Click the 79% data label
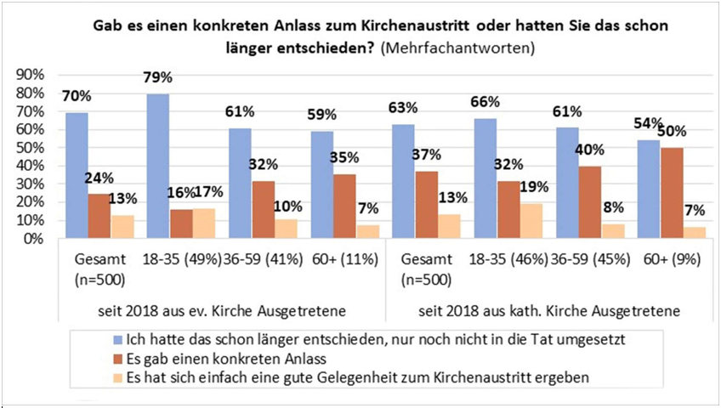tap(157, 77)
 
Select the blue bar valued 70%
tap(77, 175)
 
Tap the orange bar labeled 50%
tap(671, 193)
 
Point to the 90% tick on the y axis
tap(30, 75)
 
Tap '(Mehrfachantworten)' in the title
tap(458, 48)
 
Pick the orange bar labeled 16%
tap(157, 224)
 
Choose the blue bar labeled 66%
tap(485, 178)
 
